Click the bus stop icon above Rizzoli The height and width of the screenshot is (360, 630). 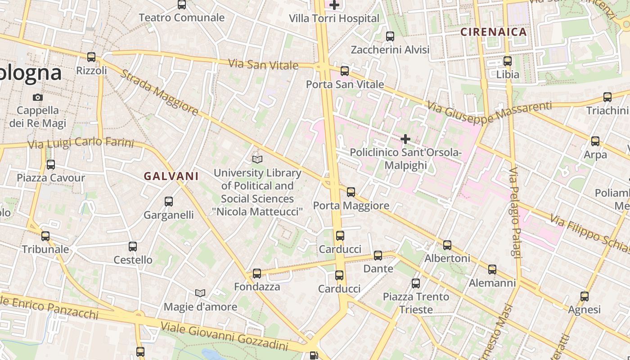[x=91, y=57]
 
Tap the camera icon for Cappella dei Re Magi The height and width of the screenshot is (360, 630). [x=38, y=97]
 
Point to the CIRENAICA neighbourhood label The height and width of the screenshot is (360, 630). [x=494, y=32]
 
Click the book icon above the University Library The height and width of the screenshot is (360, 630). [x=257, y=159]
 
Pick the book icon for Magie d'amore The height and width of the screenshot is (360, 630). [x=200, y=293]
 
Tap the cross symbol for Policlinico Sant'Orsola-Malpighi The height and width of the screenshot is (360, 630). [x=405, y=139]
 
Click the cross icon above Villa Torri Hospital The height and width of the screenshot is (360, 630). [x=334, y=5]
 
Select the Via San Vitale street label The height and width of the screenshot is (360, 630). [x=263, y=64]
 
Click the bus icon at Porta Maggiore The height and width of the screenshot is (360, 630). [x=351, y=192]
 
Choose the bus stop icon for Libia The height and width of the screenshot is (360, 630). [x=508, y=61]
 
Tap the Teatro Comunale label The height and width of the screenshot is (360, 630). [x=181, y=18]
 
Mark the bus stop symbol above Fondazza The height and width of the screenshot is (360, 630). [x=257, y=273]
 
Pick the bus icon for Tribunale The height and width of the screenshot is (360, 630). [x=45, y=236]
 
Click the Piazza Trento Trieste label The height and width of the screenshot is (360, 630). [x=416, y=303]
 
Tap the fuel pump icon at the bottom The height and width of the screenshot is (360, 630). [x=314, y=355]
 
